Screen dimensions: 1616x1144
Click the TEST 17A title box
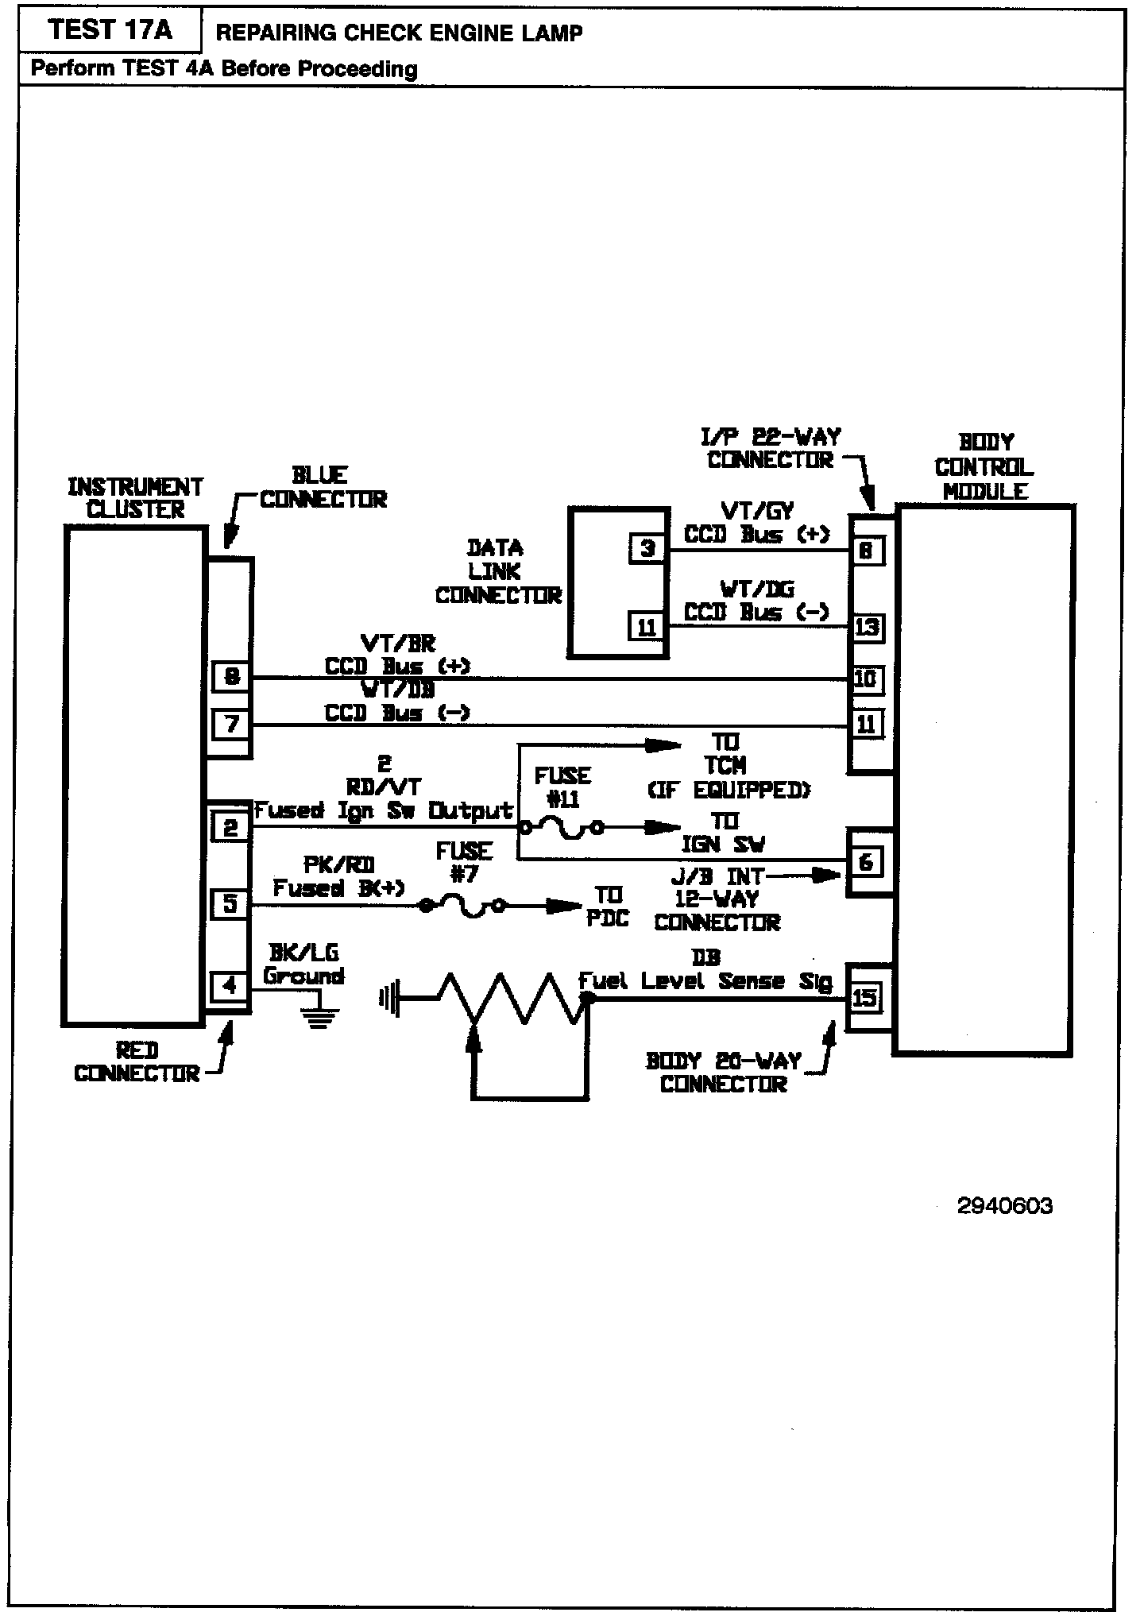[110, 30]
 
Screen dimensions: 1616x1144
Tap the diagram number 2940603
[1005, 1206]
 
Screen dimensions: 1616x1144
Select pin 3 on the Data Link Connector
[647, 548]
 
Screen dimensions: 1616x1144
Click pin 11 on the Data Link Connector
[647, 627]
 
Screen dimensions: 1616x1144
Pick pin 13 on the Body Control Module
[867, 627]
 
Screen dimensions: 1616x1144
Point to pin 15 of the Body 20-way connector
[864, 997]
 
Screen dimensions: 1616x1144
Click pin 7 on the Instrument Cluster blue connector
[231, 725]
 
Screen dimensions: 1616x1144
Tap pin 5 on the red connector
[230, 903]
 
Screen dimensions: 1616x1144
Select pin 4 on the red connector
[230, 986]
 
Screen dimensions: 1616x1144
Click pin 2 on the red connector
[230, 828]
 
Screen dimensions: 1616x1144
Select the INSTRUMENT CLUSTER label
[135, 498]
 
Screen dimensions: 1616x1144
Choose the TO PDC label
[608, 907]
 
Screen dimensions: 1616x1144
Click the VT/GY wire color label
[756, 510]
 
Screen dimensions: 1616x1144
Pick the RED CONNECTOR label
[137, 1062]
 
